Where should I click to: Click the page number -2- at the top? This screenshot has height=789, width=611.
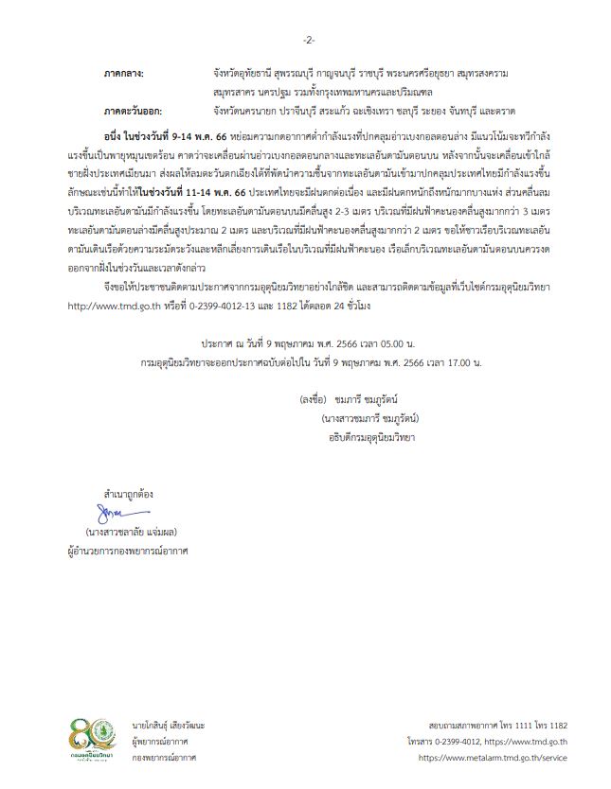[x=308, y=40]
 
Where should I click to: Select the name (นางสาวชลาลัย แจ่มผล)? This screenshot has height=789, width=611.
[x=131, y=531]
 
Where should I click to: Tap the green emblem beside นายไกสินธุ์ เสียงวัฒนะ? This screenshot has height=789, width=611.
[x=115, y=731]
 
